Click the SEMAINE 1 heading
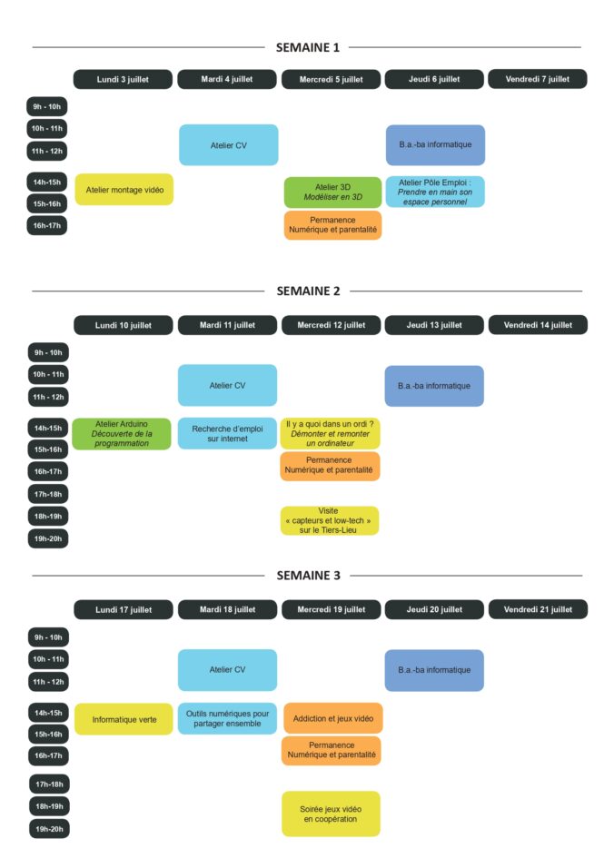(x=307, y=47)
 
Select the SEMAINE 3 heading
(x=307, y=576)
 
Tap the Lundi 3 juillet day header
(x=123, y=79)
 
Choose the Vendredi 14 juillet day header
(x=538, y=324)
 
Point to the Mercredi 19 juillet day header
(x=331, y=609)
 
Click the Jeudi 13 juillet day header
(x=434, y=324)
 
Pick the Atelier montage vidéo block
(x=124, y=190)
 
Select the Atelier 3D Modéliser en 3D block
(x=332, y=192)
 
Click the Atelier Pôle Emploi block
(x=434, y=192)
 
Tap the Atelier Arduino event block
(x=121, y=433)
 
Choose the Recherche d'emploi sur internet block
(x=227, y=433)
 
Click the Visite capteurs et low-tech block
(x=331, y=520)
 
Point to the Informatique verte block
(x=124, y=719)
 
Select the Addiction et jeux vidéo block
(x=332, y=718)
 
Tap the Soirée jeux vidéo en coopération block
(x=331, y=814)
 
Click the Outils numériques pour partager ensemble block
(x=227, y=718)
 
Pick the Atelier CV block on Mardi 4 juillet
(x=228, y=145)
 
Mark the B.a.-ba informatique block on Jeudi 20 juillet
(x=434, y=670)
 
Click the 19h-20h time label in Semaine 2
(x=48, y=538)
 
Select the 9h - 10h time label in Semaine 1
(x=47, y=107)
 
